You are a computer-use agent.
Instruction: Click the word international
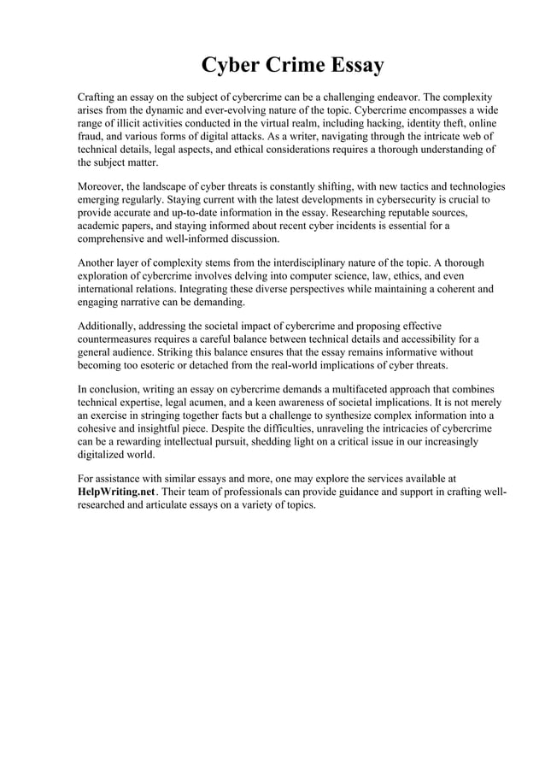coord(108,290)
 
